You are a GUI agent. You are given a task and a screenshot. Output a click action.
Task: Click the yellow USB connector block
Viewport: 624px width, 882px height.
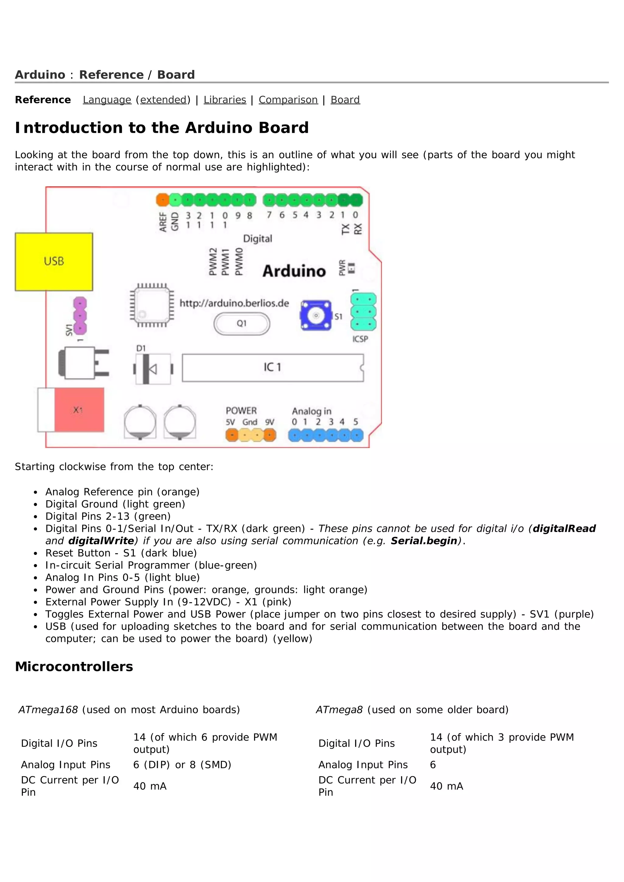pyautogui.click(x=54, y=262)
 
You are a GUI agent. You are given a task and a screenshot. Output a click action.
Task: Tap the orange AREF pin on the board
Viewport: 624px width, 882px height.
pyautogui.click(x=162, y=200)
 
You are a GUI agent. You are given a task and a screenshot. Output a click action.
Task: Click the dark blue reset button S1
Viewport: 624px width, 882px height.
pyautogui.click(x=316, y=316)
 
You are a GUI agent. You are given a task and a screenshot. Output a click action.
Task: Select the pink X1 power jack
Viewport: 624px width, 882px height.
pyautogui.click(x=79, y=410)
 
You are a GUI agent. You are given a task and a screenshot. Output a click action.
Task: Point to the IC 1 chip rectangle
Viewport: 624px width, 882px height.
pyautogui.click(x=272, y=368)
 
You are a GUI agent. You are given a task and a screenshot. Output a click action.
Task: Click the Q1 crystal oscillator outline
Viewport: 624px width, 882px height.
pyautogui.click(x=242, y=324)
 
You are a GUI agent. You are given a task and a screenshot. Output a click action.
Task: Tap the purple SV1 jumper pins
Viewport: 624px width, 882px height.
pyautogui.click(x=80, y=316)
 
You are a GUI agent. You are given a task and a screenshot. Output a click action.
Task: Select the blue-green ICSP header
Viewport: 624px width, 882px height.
pyautogui.click(x=363, y=312)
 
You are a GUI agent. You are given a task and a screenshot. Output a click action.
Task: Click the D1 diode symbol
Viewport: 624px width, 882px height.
pyautogui.click(x=153, y=369)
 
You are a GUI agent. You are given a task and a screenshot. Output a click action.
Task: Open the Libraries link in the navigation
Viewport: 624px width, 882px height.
pyautogui.click(x=225, y=100)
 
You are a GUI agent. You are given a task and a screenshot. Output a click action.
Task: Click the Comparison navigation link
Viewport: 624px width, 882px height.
pyautogui.click(x=288, y=100)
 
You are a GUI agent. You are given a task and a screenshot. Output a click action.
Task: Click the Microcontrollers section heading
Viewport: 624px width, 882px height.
pyautogui.click(x=74, y=666)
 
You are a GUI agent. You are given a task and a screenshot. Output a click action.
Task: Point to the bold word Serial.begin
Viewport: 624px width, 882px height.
pyautogui.click(x=424, y=541)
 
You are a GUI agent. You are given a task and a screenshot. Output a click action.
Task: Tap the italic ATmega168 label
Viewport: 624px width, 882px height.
pyautogui.click(x=48, y=710)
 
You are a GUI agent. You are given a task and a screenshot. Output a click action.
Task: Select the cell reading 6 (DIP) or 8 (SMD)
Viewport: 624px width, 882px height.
pyautogui.click(x=182, y=765)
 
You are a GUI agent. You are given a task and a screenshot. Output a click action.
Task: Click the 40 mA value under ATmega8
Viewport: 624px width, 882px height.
pyautogui.click(x=446, y=786)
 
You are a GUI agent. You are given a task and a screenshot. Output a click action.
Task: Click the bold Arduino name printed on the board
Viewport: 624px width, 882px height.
pyautogui.click(x=294, y=271)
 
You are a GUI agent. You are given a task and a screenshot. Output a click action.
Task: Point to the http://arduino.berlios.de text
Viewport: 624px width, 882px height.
pyautogui.click(x=234, y=303)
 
